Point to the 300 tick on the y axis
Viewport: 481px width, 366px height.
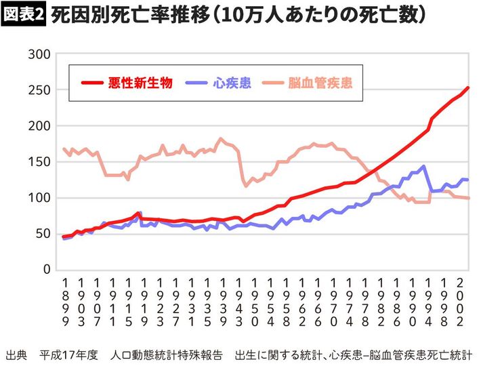coord(40,54)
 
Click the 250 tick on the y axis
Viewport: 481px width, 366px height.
coord(40,90)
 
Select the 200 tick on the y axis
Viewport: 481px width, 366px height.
coord(40,126)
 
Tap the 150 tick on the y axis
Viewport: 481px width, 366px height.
coord(40,162)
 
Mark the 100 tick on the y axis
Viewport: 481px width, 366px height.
coord(40,198)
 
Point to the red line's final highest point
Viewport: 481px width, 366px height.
coord(467,87)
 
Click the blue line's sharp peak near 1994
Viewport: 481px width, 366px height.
coord(424,166)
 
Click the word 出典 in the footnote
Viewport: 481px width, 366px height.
coord(16,354)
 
